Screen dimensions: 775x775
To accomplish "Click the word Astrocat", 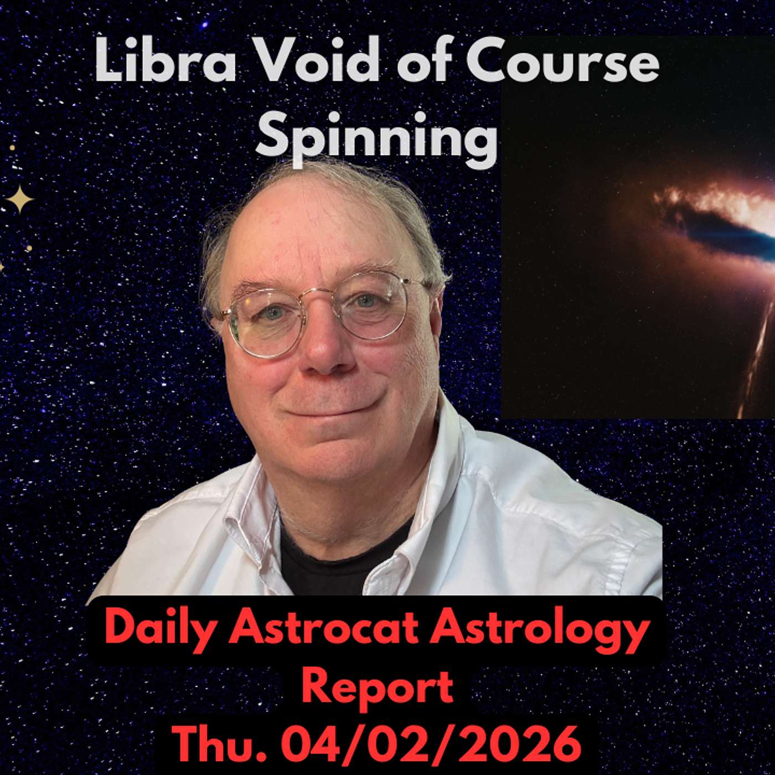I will click(327, 630).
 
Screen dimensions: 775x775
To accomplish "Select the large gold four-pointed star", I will click(20, 199).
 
